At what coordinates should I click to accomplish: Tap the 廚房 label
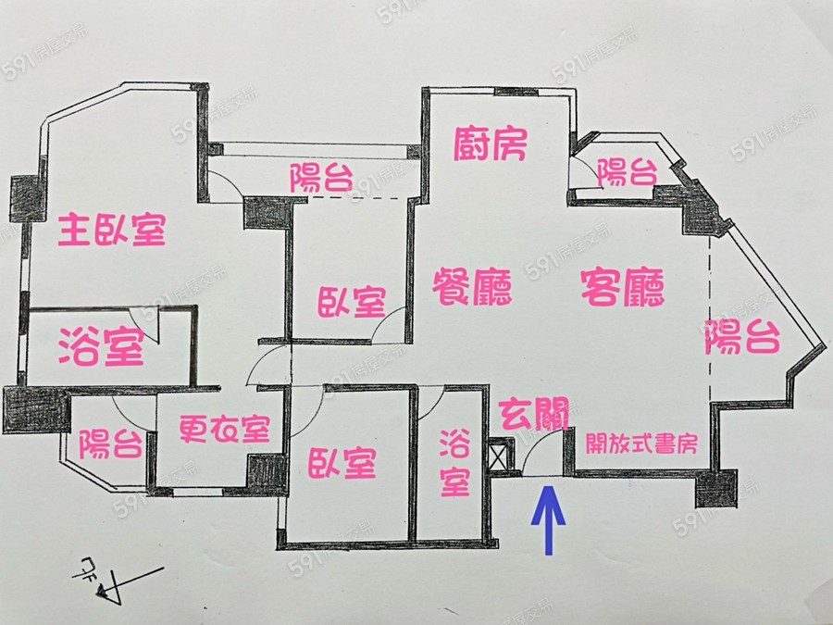pos(491,144)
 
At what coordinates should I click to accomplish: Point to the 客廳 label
pos(623,289)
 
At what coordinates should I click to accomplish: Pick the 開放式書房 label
pos(641,444)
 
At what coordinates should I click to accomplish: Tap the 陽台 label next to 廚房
pos(627,172)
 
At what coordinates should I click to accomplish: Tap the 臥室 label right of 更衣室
pos(342,464)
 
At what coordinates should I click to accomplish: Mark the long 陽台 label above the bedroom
pos(321,177)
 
